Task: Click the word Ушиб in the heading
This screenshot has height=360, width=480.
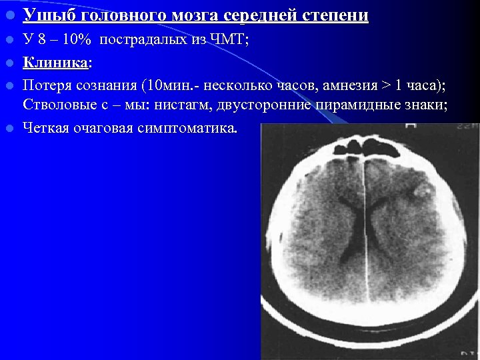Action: [x=43, y=15]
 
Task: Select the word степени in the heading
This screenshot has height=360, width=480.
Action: [x=337, y=15]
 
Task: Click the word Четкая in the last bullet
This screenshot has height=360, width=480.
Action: [x=47, y=127]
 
